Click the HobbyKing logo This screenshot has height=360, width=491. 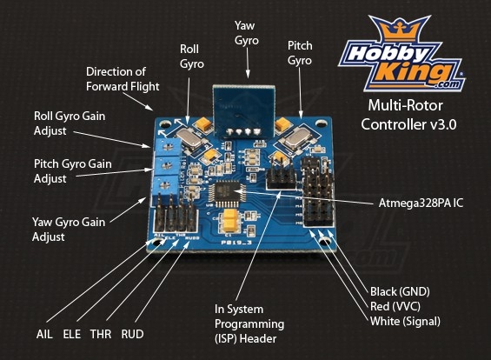pos(401,54)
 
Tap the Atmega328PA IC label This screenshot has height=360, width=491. pos(421,203)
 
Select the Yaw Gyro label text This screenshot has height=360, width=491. pos(247,33)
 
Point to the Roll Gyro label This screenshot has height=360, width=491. pos(192,57)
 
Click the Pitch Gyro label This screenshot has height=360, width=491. pos(300,53)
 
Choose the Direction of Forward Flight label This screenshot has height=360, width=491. pos(123,79)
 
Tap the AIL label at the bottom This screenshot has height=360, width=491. pos(44,334)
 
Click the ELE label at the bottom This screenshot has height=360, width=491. pos(72,334)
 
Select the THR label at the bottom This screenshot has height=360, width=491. pos(101,334)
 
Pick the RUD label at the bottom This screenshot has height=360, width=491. pos(132,334)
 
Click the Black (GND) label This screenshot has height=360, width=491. pos(400,291)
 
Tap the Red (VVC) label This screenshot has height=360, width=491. pos(395,306)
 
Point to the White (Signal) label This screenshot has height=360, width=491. pos(405,321)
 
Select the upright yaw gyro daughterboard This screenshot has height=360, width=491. pos(243,110)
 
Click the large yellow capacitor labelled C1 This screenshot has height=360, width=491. pos(231,221)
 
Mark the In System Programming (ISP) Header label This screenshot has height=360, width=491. pos(249,324)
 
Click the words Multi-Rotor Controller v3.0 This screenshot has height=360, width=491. pos(408,115)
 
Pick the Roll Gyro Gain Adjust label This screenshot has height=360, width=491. pos(70,123)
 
